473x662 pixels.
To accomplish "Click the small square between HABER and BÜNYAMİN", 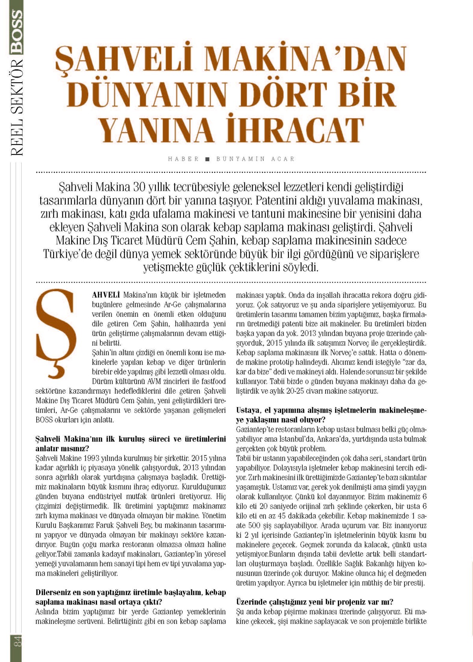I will tap(207, 159).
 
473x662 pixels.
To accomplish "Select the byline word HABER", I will tap(183, 159).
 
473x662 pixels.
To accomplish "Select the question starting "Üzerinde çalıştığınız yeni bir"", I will tap(314, 602).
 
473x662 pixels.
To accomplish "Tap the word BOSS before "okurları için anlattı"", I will tap(45, 420).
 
